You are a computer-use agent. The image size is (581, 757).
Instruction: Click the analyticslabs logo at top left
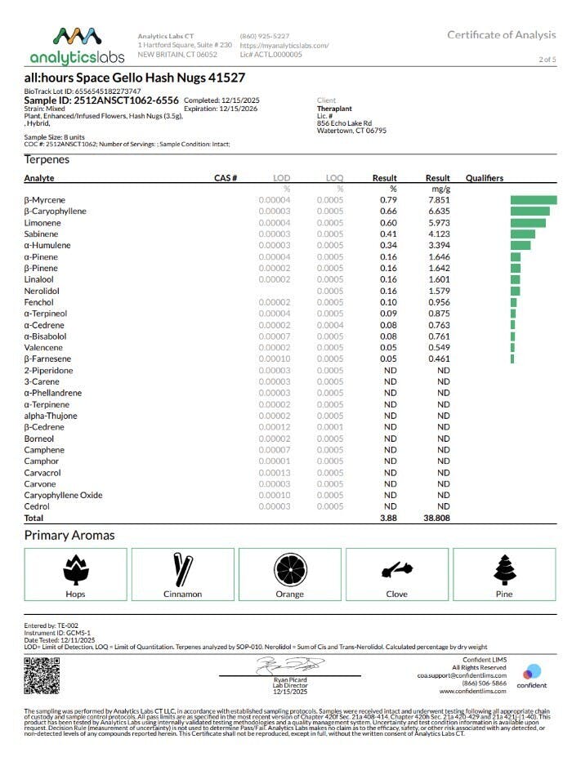tap(77, 46)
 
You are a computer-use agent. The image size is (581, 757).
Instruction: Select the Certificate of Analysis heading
tap(501, 34)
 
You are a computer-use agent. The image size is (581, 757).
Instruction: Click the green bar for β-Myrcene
tap(533, 200)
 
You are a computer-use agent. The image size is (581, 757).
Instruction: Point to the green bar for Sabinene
tap(522, 234)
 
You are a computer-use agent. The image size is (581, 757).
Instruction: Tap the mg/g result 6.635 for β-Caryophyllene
tap(438, 212)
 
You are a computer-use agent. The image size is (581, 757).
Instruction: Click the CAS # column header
tap(225, 178)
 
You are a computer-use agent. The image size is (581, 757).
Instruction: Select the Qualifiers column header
tap(484, 178)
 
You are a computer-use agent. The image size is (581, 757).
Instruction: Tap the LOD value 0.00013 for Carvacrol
tap(275, 473)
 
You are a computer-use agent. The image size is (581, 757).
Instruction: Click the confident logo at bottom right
tap(532, 676)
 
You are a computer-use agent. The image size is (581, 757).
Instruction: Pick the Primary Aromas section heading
tap(69, 536)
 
